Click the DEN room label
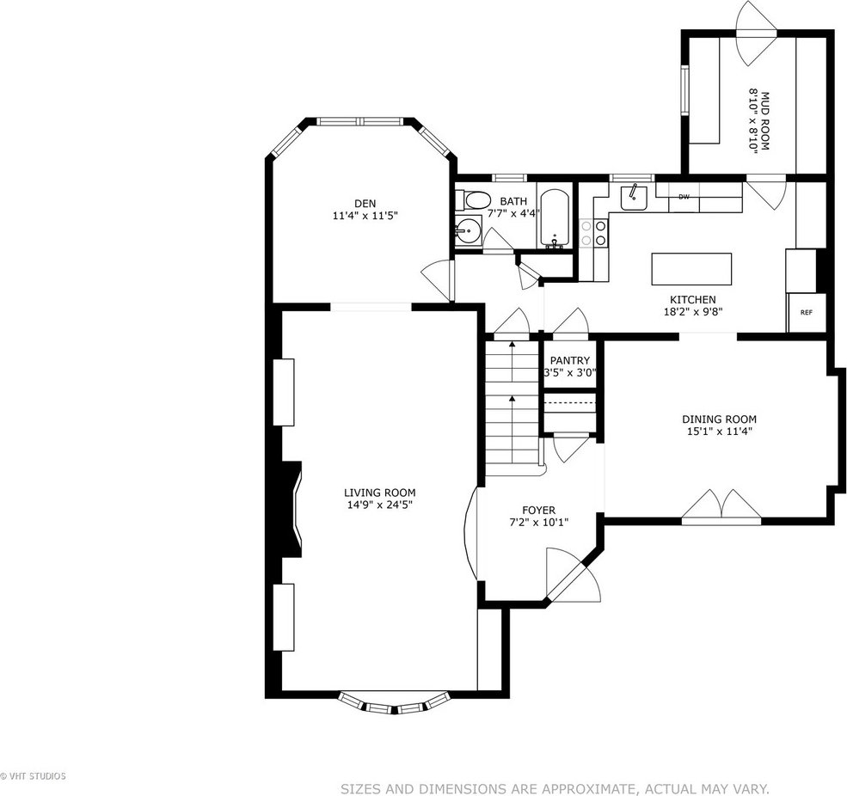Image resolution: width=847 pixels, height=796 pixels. click(365, 204)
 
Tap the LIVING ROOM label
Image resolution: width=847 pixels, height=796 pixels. click(380, 493)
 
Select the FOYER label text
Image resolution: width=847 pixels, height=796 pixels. click(538, 511)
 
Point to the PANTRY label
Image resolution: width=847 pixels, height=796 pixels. click(570, 361)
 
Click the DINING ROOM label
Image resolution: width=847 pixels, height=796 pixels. click(719, 419)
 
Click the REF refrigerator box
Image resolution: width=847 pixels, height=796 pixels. click(807, 312)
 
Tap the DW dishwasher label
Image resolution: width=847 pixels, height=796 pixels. click(684, 197)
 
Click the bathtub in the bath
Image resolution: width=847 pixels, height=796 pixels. click(555, 218)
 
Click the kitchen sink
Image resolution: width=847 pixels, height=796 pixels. click(633, 197)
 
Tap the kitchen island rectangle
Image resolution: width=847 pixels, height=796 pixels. click(691, 269)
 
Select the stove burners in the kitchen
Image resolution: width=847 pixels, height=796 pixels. click(593, 233)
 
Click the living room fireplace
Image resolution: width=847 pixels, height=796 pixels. click(292, 509)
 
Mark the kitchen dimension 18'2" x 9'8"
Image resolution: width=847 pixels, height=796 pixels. click(693, 311)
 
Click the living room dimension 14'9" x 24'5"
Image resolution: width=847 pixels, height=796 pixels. click(380, 505)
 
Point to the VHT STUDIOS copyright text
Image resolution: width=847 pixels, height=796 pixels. click(33, 776)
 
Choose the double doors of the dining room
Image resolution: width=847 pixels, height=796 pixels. click(721, 506)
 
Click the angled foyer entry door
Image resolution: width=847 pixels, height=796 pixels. click(572, 577)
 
